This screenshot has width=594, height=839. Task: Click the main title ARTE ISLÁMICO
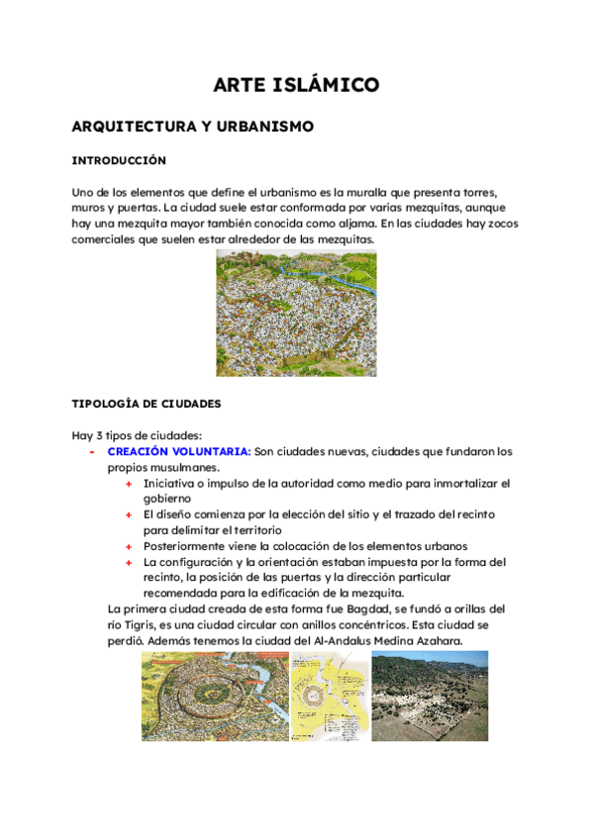click(x=296, y=86)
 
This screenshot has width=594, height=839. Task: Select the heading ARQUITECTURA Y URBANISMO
click(x=193, y=127)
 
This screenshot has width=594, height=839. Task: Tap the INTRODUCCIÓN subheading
click(x=119, y=160)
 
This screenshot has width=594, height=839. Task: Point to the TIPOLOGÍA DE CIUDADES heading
click(x=146, y=404)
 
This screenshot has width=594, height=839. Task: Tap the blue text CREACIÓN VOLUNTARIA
click(x=179, y=451)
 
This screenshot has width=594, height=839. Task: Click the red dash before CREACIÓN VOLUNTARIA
click(x=91, y=451)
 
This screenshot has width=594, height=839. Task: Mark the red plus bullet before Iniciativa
click(x=129, y=483)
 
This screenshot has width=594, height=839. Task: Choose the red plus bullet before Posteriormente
click(x=129, y=546)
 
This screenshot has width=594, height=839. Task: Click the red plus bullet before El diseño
click(x=129, y=514)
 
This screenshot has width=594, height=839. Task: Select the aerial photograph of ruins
click(x=429, y=696)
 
